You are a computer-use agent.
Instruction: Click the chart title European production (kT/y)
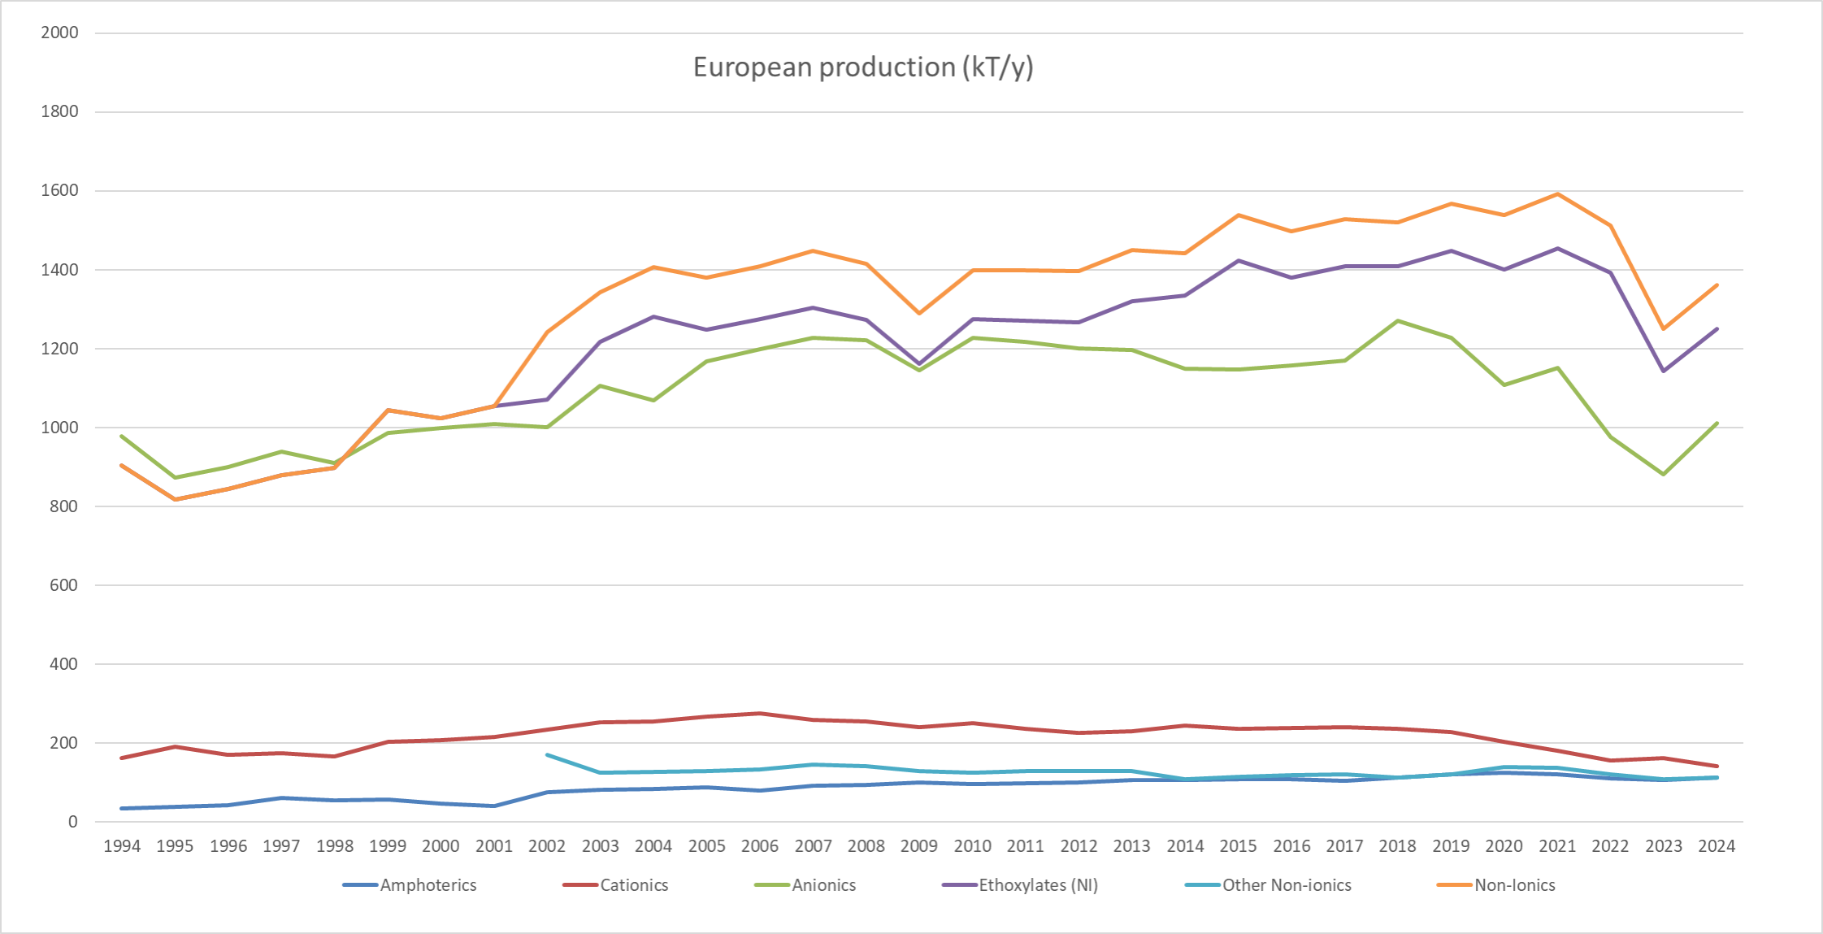(x=862, y=67)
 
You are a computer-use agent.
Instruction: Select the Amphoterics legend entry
(x=428, y=885)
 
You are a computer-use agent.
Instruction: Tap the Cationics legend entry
(x=634, y=885)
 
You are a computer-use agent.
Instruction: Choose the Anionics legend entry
(x=823, y=885)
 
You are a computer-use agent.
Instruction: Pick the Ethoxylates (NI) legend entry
(x=1038, y=885)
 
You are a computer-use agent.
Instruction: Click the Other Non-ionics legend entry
(x=1287, y=885)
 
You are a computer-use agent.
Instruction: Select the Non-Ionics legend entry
(x=1514, y=885)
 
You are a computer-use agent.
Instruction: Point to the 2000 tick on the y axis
(x=60, y=33)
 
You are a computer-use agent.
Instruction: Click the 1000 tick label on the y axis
(x=60, y=428)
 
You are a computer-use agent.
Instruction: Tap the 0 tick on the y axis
(x=73, y=822)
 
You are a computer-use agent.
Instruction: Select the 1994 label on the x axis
(x=122, y=846)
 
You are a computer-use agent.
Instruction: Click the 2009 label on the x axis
(x=919, y=846)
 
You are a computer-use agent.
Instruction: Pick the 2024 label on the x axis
(x=1717, y=846)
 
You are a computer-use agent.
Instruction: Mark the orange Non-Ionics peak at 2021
(x=1557, y=193)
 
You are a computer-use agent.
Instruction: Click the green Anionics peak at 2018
(x=1398, y=320)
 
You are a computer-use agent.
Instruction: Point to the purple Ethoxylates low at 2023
(x=1663, y=371)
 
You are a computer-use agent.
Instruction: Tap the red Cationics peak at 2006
(x=760, y=713)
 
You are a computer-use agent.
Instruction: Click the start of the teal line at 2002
(x=547, y=754)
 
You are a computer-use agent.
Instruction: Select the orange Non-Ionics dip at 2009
(x=919, y=313)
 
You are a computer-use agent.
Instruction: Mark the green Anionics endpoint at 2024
(x=1717, y=423)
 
